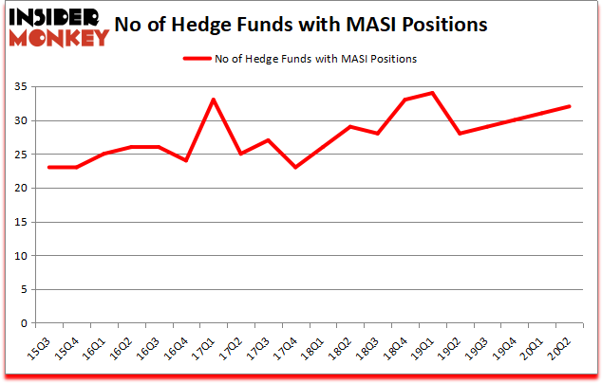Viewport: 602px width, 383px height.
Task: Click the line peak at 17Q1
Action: coord(214,100)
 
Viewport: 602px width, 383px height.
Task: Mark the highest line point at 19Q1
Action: coord(433,93)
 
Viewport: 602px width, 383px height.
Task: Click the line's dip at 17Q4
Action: coord(296,167)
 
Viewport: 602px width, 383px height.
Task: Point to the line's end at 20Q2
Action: coord(570,106)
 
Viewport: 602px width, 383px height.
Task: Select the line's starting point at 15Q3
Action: coord(48,167)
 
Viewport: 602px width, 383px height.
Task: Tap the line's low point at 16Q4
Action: coord(186,160)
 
